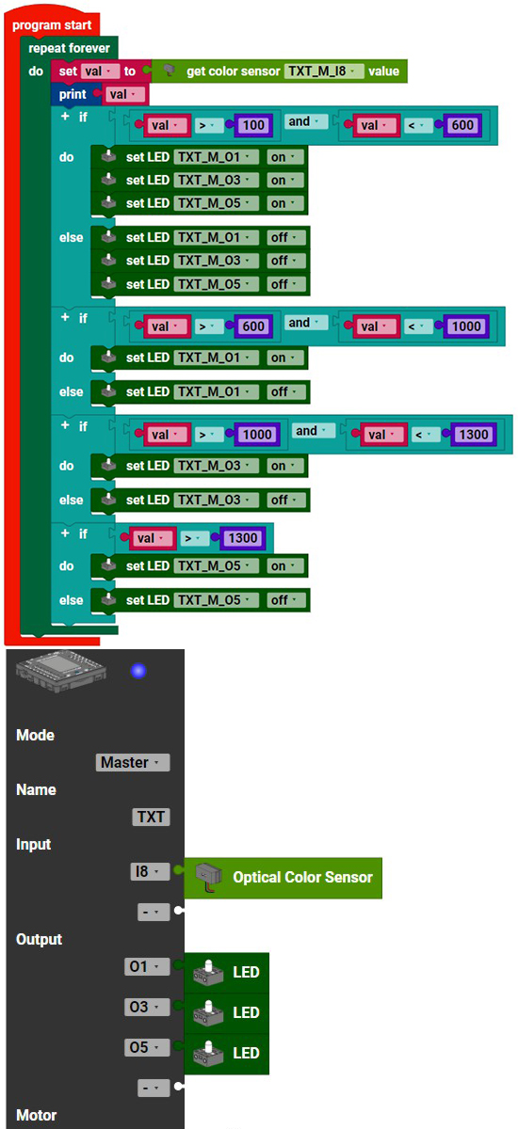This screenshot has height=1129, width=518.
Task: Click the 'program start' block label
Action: (x=52, y=24)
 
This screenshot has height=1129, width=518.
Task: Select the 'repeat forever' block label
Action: (x=69, y=48)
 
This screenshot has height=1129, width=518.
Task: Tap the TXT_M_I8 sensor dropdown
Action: (x=324, y=72)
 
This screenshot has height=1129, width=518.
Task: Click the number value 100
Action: (x=253, y=125)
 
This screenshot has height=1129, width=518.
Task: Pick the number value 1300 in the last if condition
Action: (x=243, y=538)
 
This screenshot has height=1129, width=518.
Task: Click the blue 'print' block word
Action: (x=73, y=94)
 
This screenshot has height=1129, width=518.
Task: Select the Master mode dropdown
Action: (x=133, y=762)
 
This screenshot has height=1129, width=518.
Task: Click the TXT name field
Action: (x=151, y=817)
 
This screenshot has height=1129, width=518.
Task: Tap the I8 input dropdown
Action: (x=150, y=871)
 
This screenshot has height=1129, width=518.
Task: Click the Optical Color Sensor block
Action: (x=283, y=878)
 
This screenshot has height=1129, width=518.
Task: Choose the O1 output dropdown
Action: (x=147, y=966)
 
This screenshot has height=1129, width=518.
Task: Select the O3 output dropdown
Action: (x=147, y=1007)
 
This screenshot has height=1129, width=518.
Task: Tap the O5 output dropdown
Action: (x=147, y=1047)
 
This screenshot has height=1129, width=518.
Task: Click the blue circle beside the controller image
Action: (x=138, y=671)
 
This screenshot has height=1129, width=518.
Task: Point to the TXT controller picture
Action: (x=61, y=671)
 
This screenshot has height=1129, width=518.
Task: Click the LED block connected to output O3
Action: (x=226, y=1013)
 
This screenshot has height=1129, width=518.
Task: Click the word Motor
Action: (x=37, y=1115)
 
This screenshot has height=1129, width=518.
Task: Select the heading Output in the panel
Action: (x=39, y=939)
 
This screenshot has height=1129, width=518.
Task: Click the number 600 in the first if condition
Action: (x=462, y=125)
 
